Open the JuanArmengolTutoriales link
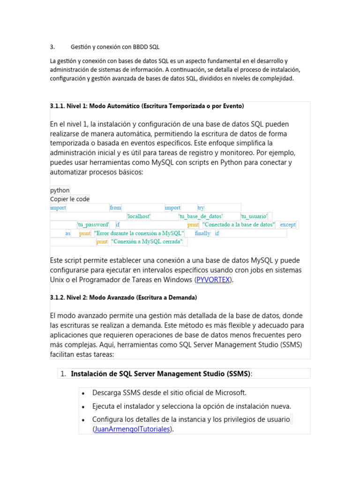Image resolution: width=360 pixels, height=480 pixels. tap(133, 428)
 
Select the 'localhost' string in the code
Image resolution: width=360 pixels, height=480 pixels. tap(139, 216)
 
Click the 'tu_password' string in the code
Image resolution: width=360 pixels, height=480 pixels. tap(93, 225)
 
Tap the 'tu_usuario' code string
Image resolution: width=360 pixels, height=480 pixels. tap(254, 216)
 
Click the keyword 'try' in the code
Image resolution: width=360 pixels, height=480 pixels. tap(201, 208)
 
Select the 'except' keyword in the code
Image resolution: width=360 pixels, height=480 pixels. tap(288, 225)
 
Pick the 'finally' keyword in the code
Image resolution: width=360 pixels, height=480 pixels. tap(202, 233)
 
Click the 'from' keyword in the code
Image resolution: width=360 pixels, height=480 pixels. tap(115, 208)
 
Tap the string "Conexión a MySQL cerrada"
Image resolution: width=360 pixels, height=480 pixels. tap(147, 241)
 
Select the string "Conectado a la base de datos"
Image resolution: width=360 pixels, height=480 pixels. tap(239, 225)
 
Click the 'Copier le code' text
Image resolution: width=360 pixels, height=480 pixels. tap(70, 199)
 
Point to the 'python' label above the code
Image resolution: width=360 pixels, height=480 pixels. tap(60, 190)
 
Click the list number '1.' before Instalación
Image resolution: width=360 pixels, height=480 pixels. tap(63, 374)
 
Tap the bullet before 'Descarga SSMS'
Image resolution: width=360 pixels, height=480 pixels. tap(83, 393)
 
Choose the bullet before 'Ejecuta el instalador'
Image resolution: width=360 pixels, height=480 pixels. tap(83, 406)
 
